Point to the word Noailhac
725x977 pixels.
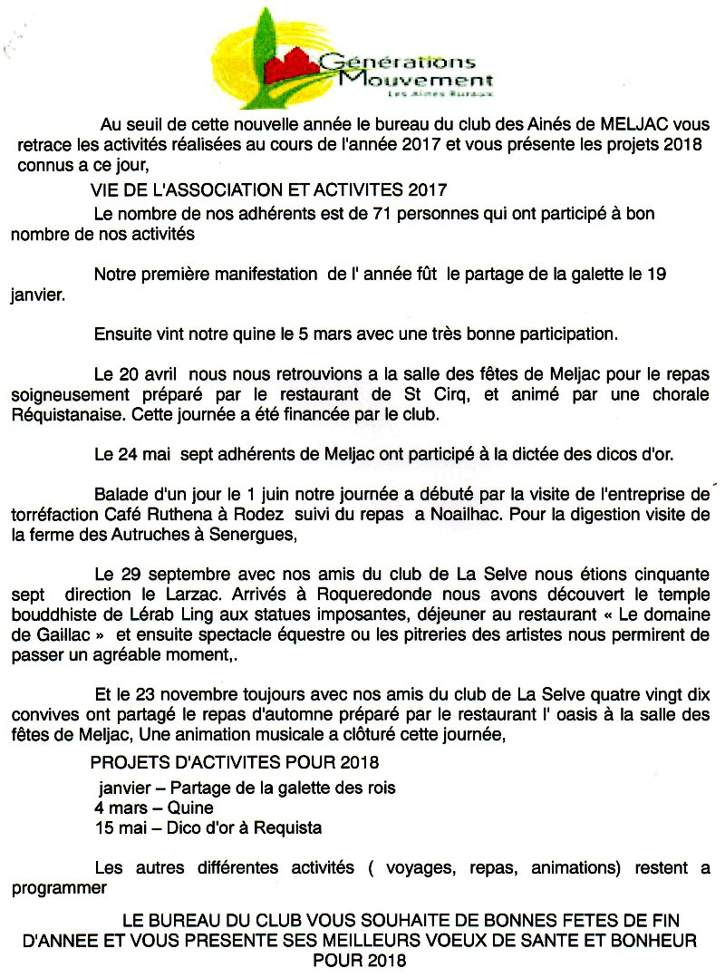[438, 512]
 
